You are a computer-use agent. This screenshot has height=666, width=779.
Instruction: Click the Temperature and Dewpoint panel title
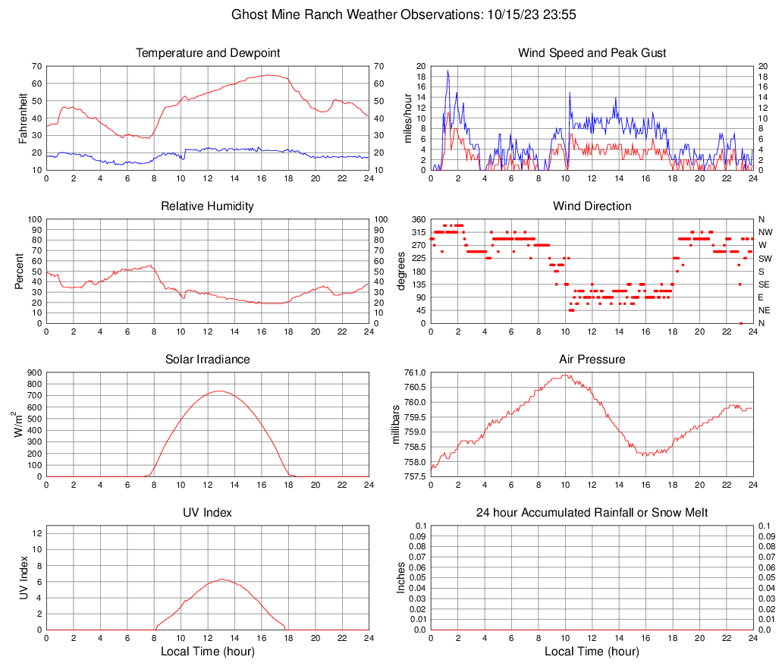pyautogui.click(x=208, y=53)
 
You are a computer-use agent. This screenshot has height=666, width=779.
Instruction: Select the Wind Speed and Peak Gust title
pyautogui.click(x=592, y=53)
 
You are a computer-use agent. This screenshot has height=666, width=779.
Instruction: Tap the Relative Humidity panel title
pyautogui.click(x=208, y=206)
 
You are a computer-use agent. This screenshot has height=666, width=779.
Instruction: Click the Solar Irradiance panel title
pyautogui.click(x=208, y=360)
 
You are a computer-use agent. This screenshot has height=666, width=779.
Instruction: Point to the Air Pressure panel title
pyautogui.click(x=592, y=360)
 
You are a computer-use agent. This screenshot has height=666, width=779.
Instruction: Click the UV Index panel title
pyautogui.click(x=208, y=513)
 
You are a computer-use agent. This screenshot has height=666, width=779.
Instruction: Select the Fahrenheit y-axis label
pyautogui.click(x=23, y=118)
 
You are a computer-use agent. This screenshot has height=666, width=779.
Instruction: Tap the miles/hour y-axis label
pyautogui.click(x=407, y=118)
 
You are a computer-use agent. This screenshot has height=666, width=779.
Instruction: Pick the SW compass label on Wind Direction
pyautogui.click(x=765, y=258)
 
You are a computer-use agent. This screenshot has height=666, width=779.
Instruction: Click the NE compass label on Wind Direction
pyautogui.click(x=765, y=310)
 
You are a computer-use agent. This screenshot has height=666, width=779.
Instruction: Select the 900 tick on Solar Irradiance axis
pyautogui.click(x=33, y=372)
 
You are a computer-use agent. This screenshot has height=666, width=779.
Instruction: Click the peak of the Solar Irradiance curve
pyautogui.click(x=220, y=391)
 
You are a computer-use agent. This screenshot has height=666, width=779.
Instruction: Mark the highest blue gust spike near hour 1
pyautogui.click(x=448, y=71)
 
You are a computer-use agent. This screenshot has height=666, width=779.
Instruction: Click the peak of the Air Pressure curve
pyautogui.click(x=564, y=374)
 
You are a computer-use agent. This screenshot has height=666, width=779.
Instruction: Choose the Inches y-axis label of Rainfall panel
pyautogui.click(x=401, y=577)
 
